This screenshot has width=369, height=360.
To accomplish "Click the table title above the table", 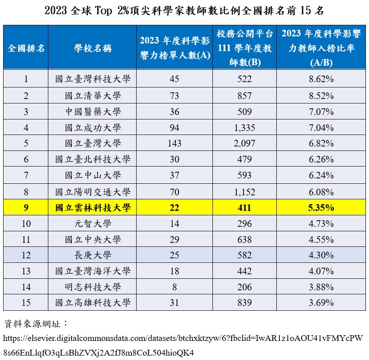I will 184,11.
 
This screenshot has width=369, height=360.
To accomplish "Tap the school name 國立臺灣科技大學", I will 93,79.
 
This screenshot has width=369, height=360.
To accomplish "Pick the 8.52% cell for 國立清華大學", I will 322,95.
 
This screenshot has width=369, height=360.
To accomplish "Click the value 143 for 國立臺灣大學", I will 174,143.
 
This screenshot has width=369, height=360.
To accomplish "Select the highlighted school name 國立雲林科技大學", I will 93,207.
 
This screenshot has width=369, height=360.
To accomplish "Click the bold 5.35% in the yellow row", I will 322,207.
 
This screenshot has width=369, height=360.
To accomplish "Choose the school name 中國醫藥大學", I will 93,111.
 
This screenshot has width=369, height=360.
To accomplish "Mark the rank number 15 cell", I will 26,303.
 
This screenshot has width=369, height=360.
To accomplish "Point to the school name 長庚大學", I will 93,255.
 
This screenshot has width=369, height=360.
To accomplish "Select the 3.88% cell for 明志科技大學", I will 322,287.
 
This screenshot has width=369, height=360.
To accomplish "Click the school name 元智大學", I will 93,223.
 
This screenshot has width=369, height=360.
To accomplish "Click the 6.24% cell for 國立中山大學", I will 322,175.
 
